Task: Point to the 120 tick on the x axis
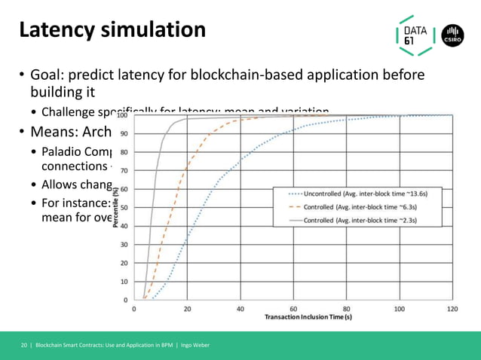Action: coord(452,309)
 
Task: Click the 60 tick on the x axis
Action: coord(293,309)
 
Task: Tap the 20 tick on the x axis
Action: coord(187,309)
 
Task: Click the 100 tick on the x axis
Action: coord(399,309)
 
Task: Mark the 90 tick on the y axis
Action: coord(124,134)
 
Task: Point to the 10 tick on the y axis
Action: coord(124,282)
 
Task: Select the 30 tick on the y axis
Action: coord(124,245)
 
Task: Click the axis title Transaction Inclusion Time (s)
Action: coord(308,317)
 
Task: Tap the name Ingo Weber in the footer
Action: coord(193,345)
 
